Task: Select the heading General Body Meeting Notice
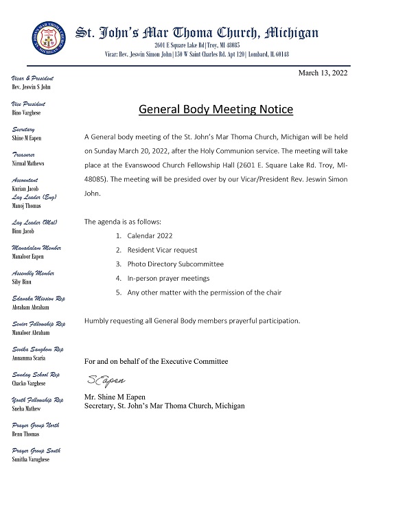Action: (x=216, y=109)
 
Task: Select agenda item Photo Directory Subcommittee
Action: (x=175, y=264)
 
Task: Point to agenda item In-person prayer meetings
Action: (x=168, y=278)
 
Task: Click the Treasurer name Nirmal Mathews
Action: (x=30, y=164)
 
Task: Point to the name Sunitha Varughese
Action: (x=32, y=459)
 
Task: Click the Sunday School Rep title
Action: (x=36, y=375)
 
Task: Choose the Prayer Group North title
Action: (x=36, y=426)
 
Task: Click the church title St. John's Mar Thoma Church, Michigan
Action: (x=196, y=32)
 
